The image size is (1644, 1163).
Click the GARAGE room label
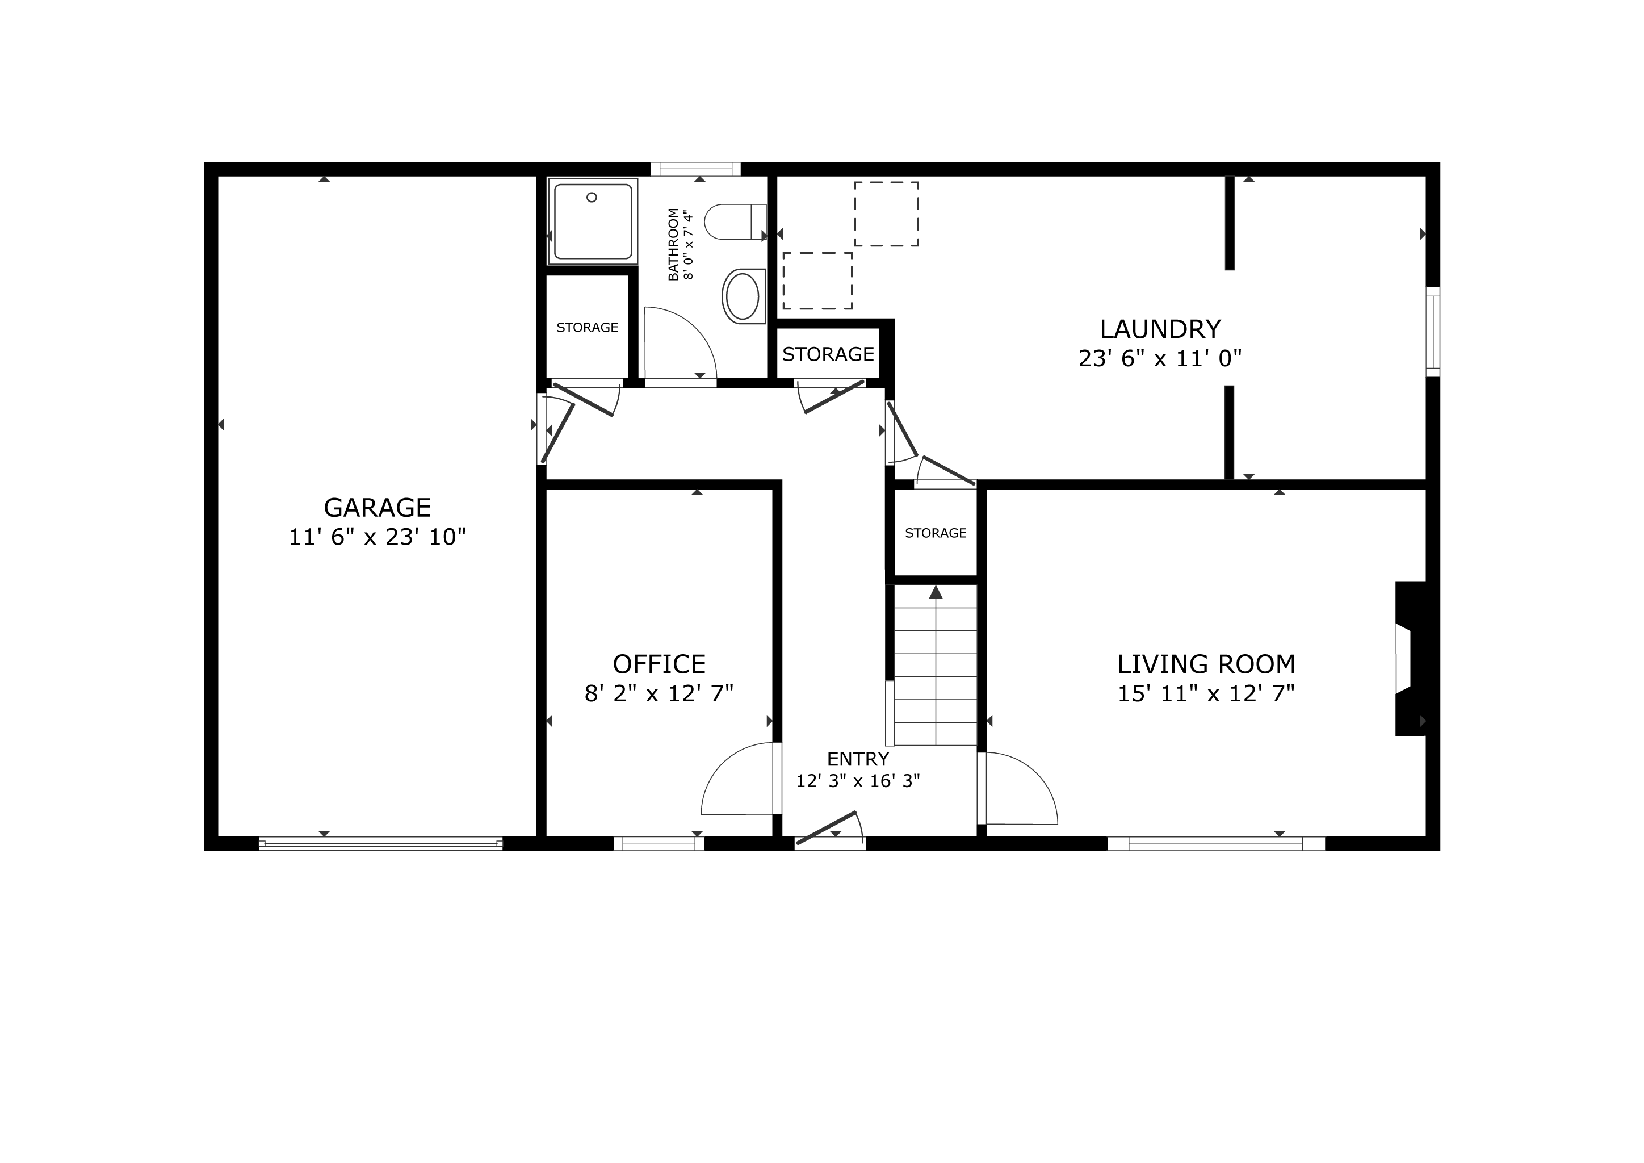click(378, 508)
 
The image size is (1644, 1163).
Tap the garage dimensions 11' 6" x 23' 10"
click(378, 537)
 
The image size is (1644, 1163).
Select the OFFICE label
click(659, 664)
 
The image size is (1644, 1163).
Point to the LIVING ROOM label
click(1206, 664)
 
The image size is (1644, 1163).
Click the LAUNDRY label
click(1160, 329)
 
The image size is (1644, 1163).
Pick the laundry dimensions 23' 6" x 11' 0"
click(1160, 358)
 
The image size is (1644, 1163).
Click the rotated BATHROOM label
click(673, 244)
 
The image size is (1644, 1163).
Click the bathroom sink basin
click(742, 296)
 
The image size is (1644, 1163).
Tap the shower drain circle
click(592, 197)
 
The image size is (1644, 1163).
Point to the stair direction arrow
click(936, 592)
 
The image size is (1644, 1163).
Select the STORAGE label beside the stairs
click(936, 533)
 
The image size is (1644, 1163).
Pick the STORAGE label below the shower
click(587, 327)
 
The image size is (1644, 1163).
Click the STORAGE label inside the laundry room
click(828, 354)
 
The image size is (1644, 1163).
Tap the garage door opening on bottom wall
click(381, 844)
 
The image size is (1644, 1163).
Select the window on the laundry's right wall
click(1433, 332)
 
